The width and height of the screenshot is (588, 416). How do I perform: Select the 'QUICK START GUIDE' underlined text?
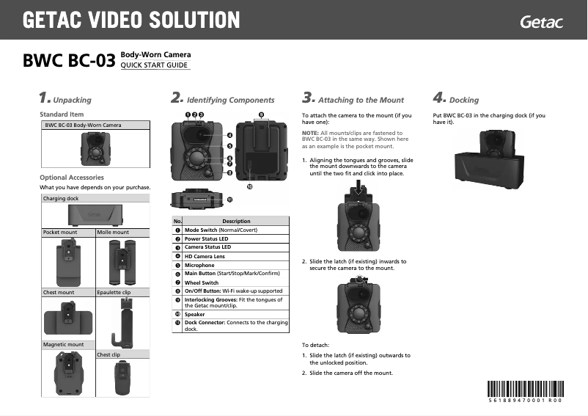click(x=155, y=65)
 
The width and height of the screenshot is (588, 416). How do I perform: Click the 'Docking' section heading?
click(x=463, y=100)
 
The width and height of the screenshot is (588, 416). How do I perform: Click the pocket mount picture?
click(x=68, y=262)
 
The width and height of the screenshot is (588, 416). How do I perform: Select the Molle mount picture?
click(x=122, y=262)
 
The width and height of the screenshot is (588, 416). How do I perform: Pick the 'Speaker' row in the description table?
click(x=195, y=314)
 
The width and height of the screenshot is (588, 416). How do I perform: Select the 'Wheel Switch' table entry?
click(x=202, y=282)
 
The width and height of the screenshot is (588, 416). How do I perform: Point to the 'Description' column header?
click(x=236, y=221)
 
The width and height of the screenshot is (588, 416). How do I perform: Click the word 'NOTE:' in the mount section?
click(x=310, y=132)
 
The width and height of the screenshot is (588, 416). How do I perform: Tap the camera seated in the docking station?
click(x=493, y=143)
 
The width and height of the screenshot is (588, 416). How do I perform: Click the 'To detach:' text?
click(x=317, y=344)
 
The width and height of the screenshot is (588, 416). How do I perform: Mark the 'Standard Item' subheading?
click(x=62, y=114)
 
